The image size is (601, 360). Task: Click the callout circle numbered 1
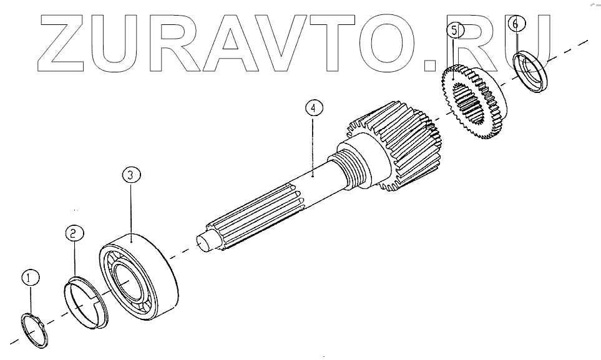31,278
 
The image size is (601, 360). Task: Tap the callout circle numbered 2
74,233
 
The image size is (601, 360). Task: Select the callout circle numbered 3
131,175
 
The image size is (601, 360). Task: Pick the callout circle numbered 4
314,108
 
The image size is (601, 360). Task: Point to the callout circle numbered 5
454,31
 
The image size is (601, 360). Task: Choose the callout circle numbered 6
516,23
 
